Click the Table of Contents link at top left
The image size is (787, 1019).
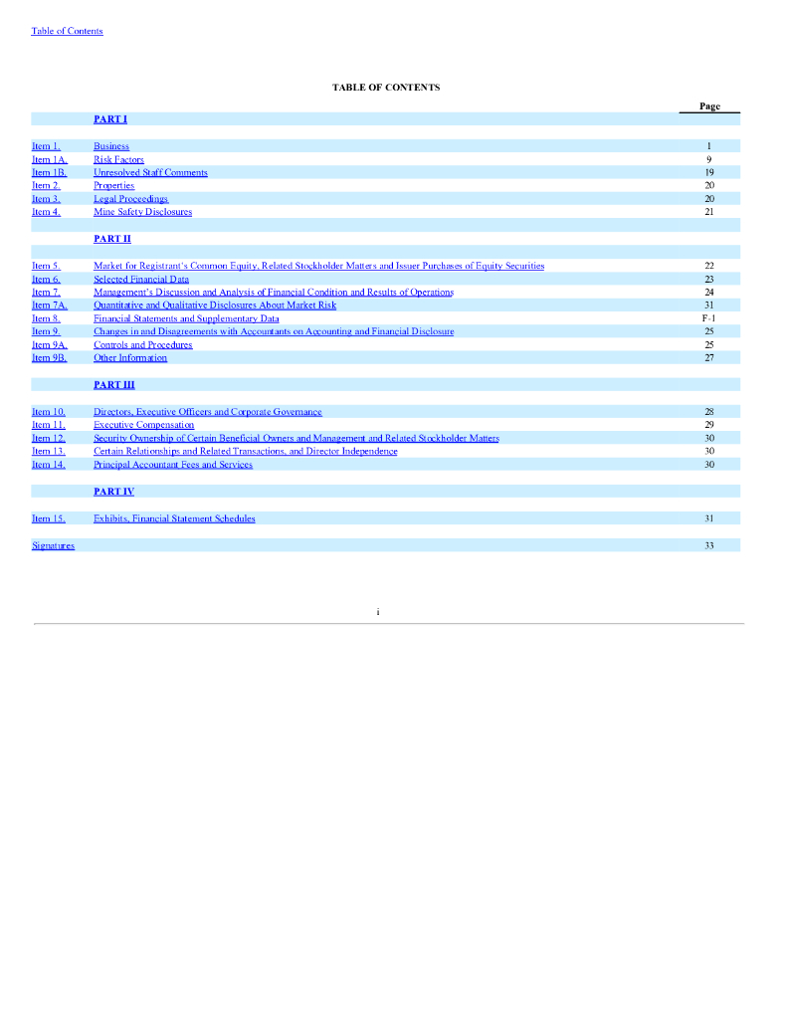pyautogui.click(x=67, y=31)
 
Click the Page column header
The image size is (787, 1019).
pyautogui.click(x=709, y=106)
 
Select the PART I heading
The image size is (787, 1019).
pyautogui.click(x=110, y=119)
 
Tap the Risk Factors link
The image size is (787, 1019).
pyautogui.click(x=118, y=159)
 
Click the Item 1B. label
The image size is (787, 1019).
pyautogui.click(x=49, y=172)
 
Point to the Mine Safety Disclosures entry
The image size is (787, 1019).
pyautogui.click(x=142, y=212)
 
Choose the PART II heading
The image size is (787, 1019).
pyautogui.click(x=112, y=239)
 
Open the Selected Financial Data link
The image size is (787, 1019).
pyautogui.click(x=140, y=279)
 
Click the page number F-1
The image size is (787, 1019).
pyautogui.click(x=709, y=318)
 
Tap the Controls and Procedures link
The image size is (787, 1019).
pyautogui.click(x=142, y=345)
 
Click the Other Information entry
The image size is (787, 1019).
pyautogui.click(x=130, y=358)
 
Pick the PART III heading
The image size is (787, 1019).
pyautogui.click(x=113, y=384)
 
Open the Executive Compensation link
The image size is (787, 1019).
pyautogui.click(x=143, y=425)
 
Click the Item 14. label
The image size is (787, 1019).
pyautogui.click(x=49, y=465)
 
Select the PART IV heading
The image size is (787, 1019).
pyautogui.click(x=113, y=492)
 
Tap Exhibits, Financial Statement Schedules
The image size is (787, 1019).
pyautogui.click(x=174, y=518)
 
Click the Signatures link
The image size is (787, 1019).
pyautogui.click(x=53, y=545)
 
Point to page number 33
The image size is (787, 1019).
pyautogui.click(x=709, y=545)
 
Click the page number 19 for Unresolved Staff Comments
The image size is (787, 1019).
pyautogui.click(x=709, y=172)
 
